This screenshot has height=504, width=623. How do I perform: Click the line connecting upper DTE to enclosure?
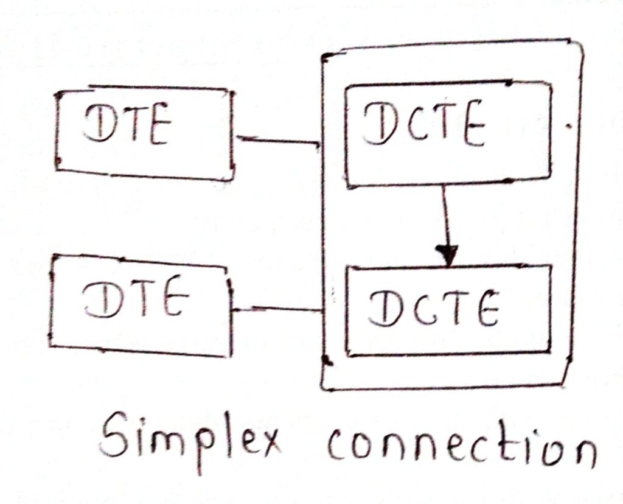(x=277, y=141)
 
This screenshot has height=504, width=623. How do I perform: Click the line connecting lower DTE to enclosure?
(x=277, y=310)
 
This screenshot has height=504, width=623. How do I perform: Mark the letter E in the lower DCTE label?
(x=484, y=309)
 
